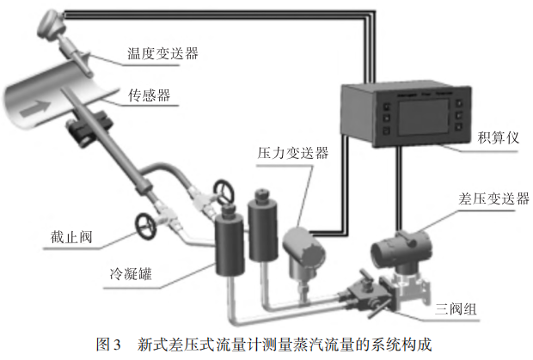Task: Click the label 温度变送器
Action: [162, 53]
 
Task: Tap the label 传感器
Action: [150, 95]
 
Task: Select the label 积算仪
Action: [499, 137]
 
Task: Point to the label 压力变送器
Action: [293, 153]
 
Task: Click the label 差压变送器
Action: [494, 198]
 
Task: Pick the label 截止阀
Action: [71, 237]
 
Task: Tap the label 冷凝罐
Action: [131, 273]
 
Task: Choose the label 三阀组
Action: [456, 309]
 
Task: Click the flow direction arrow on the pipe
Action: [35, 108]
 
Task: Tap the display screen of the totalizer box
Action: [424, 117]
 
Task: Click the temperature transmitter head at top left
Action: [50, 23]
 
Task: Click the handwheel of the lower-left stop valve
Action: [146, 226]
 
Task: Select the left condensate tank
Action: [230, 241]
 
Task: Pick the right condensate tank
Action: [263, 226]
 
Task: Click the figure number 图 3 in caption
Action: [108, 345]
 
